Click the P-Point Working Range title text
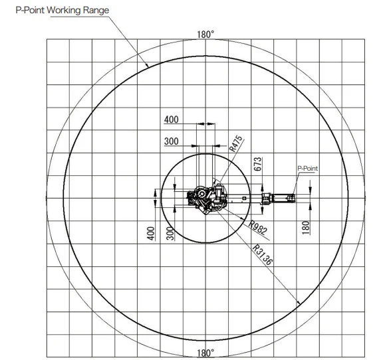(x=63, y=11)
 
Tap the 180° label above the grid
(x=205, y=35)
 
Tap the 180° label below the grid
(x=205, y=353)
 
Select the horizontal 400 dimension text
(x=171, y=120)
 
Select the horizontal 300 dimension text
(x=171, y=141)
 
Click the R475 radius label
(x=235, y=143)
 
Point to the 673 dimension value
(x=257, y=164)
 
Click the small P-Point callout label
(x=307, y=169)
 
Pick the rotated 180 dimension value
(x=305, y=228)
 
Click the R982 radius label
(x=257, y=228)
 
